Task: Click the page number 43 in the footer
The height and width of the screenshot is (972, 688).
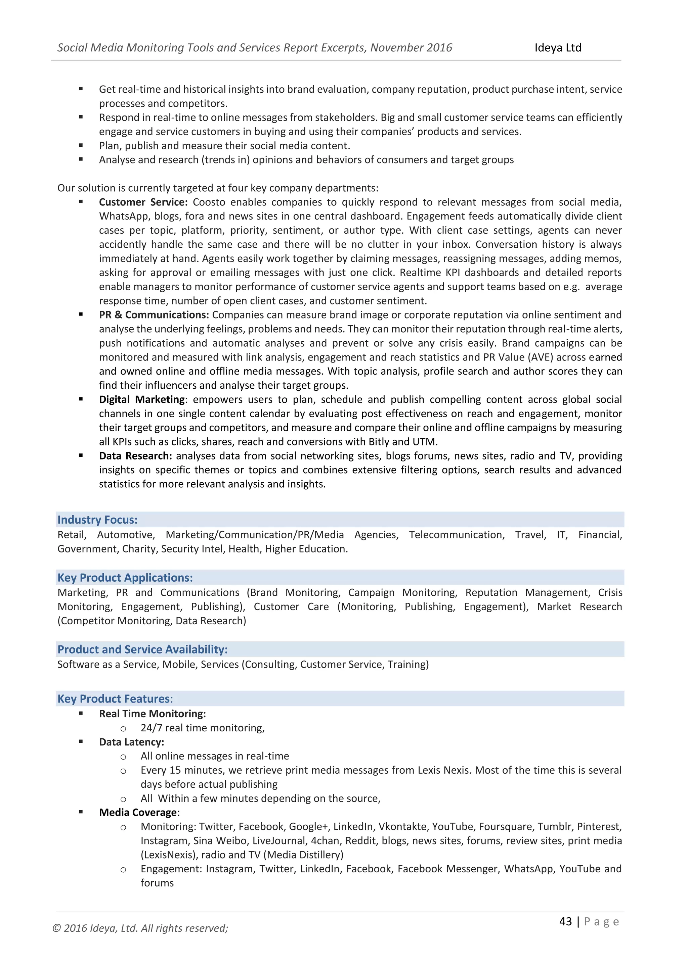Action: [x=566, y=921]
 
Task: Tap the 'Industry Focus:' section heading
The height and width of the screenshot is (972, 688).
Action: [x=97, y=520]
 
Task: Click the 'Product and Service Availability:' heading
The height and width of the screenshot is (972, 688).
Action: [x=142, y=649]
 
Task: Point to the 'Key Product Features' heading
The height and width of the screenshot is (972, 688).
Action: [x=114, y=698]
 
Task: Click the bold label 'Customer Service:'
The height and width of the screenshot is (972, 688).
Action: [x=143, y=202]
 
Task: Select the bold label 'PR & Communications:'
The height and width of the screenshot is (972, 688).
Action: [x=154, y=314]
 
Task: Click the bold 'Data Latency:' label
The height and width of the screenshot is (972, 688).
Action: [x=131, y=742]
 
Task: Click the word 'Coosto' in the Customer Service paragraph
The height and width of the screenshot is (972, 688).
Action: [x=209, y=202]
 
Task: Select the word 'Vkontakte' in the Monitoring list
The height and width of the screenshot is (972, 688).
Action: [x=402, y=826]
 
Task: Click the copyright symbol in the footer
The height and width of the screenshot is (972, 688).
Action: [x=56, y=928]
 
